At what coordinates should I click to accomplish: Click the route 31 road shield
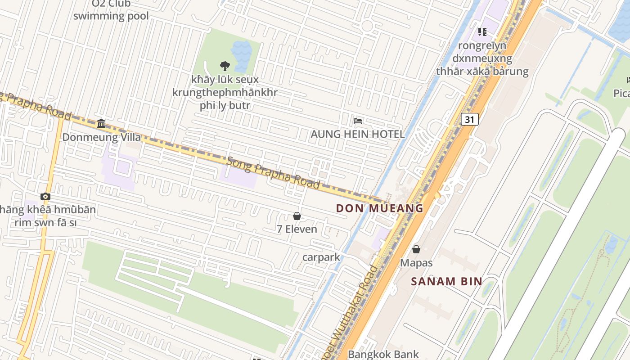tap(469, 119)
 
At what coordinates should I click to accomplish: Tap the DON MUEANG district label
tap(380, 208)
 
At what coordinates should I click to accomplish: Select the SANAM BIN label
tap(446, 282)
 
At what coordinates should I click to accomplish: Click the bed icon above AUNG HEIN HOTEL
tap(358, 121)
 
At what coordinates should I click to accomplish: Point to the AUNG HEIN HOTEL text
tap(358, 134)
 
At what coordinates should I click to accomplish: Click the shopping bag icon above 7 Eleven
tap(297, 216)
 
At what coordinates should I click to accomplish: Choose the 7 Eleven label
tap(297, 229)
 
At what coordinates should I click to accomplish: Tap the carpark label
tap(321, 257)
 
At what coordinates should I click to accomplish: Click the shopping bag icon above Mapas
tap(416, 249)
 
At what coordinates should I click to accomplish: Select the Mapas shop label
tap(416, 263)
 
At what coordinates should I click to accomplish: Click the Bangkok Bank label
tap(383, 354)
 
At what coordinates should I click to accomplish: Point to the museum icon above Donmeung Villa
tap(101, 123)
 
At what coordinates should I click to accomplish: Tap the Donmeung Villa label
tap(101, 137)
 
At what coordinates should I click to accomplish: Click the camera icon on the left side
tap(45, 196)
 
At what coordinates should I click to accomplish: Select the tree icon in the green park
tap(225, 66)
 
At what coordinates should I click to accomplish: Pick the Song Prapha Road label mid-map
tap(273, 173)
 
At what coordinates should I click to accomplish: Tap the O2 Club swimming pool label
tap(111, 10)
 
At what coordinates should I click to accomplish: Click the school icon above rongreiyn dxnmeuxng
tap(482, 32)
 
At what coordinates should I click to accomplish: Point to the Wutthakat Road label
tap(353, 310)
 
